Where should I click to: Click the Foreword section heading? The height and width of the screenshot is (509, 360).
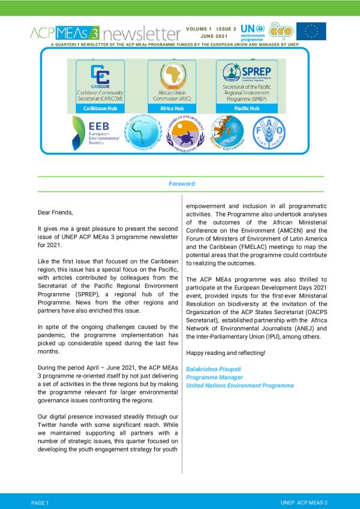tap(181, 184)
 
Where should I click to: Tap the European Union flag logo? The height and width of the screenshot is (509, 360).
tap(311, 31)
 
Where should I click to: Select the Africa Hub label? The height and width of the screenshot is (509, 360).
tap(171, 109)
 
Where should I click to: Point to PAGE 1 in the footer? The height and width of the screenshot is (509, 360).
tap(40, 501)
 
